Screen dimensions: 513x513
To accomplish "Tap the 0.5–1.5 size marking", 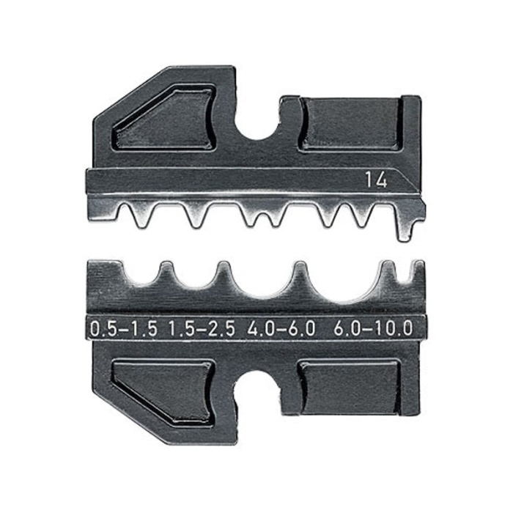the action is pyautogui.click(x=123, y=329).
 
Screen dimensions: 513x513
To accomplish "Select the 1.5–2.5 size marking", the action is pyautogui.click(x=202, y=329).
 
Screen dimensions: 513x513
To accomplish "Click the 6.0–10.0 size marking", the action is pyautogui.click(x=372, y=329).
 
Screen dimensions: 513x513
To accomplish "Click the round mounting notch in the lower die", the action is pyautogui.click(x=258, y=388).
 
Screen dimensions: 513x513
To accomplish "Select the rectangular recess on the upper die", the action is pyautogui.click(x=350, y=125).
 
